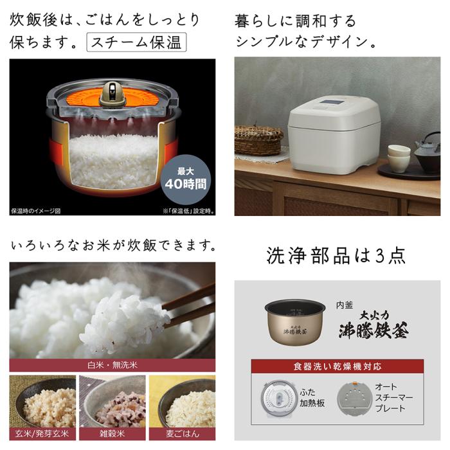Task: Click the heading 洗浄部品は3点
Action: [x=336, y=255]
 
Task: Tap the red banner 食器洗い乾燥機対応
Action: [x=339, y=366]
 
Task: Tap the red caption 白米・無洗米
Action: [x=112, y=365]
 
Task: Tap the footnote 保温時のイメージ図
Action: [x=35, y=210]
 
